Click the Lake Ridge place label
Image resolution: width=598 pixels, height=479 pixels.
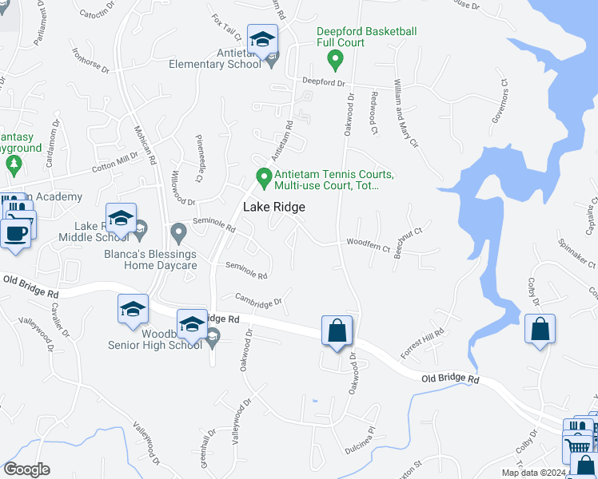(x=274, y=207)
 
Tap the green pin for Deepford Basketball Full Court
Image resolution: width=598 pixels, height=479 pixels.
(x=337, y=58)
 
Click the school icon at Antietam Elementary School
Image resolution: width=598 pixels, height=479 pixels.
(x=261, y=39)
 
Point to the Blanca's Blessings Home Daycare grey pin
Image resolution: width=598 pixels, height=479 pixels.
(x=178, y=232)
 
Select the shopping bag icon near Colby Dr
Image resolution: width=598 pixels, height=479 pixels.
(x=540, y=328)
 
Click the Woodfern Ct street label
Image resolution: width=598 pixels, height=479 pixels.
(x=368, y=246)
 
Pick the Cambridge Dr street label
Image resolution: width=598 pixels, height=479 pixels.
(x=258, y=300)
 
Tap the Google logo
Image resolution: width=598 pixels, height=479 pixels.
(x=26, y=469)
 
